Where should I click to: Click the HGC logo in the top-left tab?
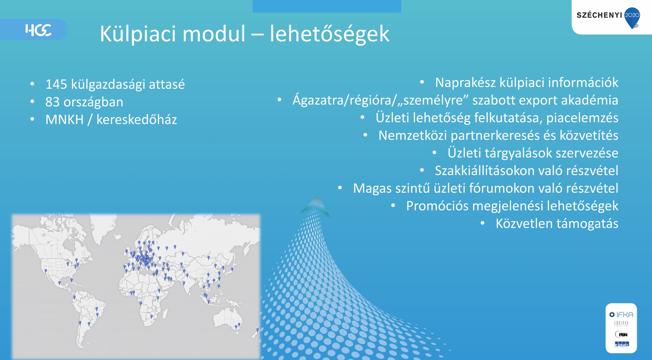point(38,30)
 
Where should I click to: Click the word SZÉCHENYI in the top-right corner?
point(599,15)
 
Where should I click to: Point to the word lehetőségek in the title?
point(330,34)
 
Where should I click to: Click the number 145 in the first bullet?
point(56,84)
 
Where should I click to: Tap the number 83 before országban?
point(52,102)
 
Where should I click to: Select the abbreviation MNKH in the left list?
point(64,120)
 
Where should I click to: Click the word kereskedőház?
point(137,119)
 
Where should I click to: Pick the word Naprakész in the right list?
point(465,83)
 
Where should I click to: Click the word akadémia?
point(590,100)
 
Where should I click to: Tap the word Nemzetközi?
point(413,135)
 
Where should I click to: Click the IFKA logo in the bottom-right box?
point(621,315)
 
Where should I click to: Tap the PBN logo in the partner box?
point(621,334)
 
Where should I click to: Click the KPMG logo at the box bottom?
point(621,345)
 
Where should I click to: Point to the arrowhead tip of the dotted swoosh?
point(317,197)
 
